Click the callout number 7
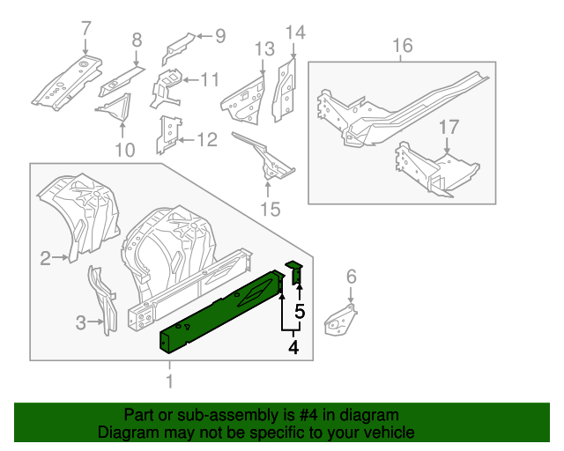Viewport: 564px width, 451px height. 85,28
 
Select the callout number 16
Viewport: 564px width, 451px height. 402,45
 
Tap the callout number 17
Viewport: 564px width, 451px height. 449,127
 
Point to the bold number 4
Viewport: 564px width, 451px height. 293,348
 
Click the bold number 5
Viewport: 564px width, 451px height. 300,311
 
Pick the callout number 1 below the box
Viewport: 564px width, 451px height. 169,381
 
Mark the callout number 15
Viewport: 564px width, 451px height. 269,209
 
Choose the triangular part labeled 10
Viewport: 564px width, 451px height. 115,110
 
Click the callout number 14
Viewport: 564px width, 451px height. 294,33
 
